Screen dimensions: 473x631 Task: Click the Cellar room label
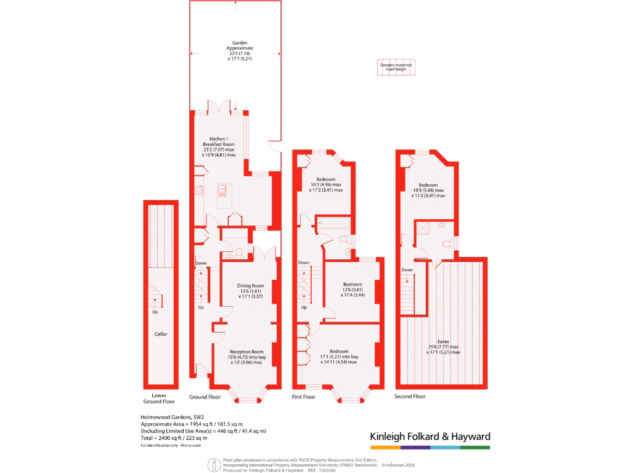pyautogui.click(x=161, y=334)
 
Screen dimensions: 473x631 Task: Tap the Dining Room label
pyautogui.click(x=251, y=286)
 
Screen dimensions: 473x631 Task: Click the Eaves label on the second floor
pyautogui.click(x=442, y=341)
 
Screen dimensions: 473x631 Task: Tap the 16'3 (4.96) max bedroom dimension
pyautogui.click(x=325, y=185)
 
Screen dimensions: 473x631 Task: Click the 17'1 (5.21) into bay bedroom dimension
pyautogui.click(x=338, y=357)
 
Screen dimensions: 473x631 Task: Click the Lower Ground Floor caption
pyautogui.click(x=159, y=398)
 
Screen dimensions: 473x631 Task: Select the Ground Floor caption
pyautogui.click(x=205, y=397)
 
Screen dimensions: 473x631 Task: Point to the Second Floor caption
pyautogui.click(x=410, y=397)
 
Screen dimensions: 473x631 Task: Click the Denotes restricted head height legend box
pyautogui.click(x=397, y=67)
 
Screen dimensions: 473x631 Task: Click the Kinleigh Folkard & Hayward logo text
pyautogui.click(x=429, y=437)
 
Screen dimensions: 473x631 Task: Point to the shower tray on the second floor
pyautogui.click(x=423, y=227)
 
